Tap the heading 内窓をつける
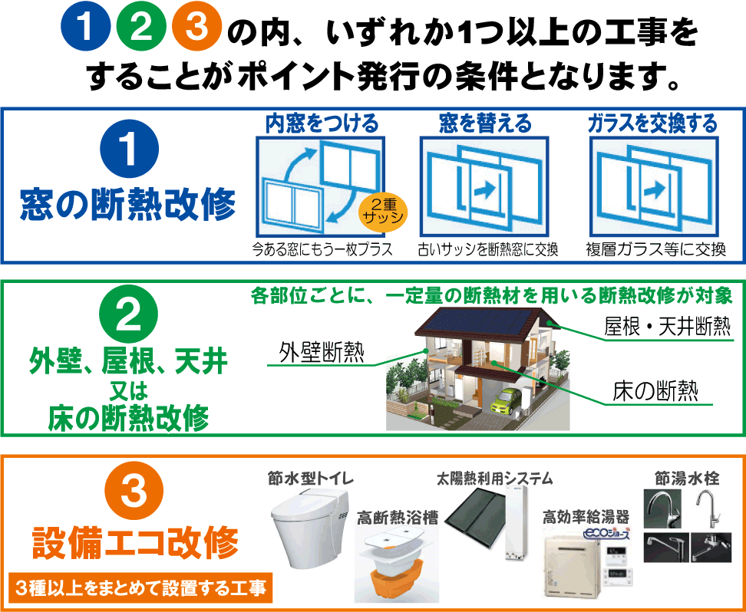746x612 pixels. click(322, 123)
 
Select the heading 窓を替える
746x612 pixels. click(485, 123)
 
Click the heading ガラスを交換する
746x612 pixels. click(652, 123)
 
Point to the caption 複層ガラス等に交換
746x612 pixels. click(655, 250)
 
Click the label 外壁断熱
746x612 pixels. click(322, 354)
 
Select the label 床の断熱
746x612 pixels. click(656, 393)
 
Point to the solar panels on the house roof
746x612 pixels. click(478, 321)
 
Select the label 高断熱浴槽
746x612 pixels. click(398, 518)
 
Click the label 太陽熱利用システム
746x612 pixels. click(495, 479)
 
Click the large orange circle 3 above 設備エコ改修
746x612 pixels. click(134, 490)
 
